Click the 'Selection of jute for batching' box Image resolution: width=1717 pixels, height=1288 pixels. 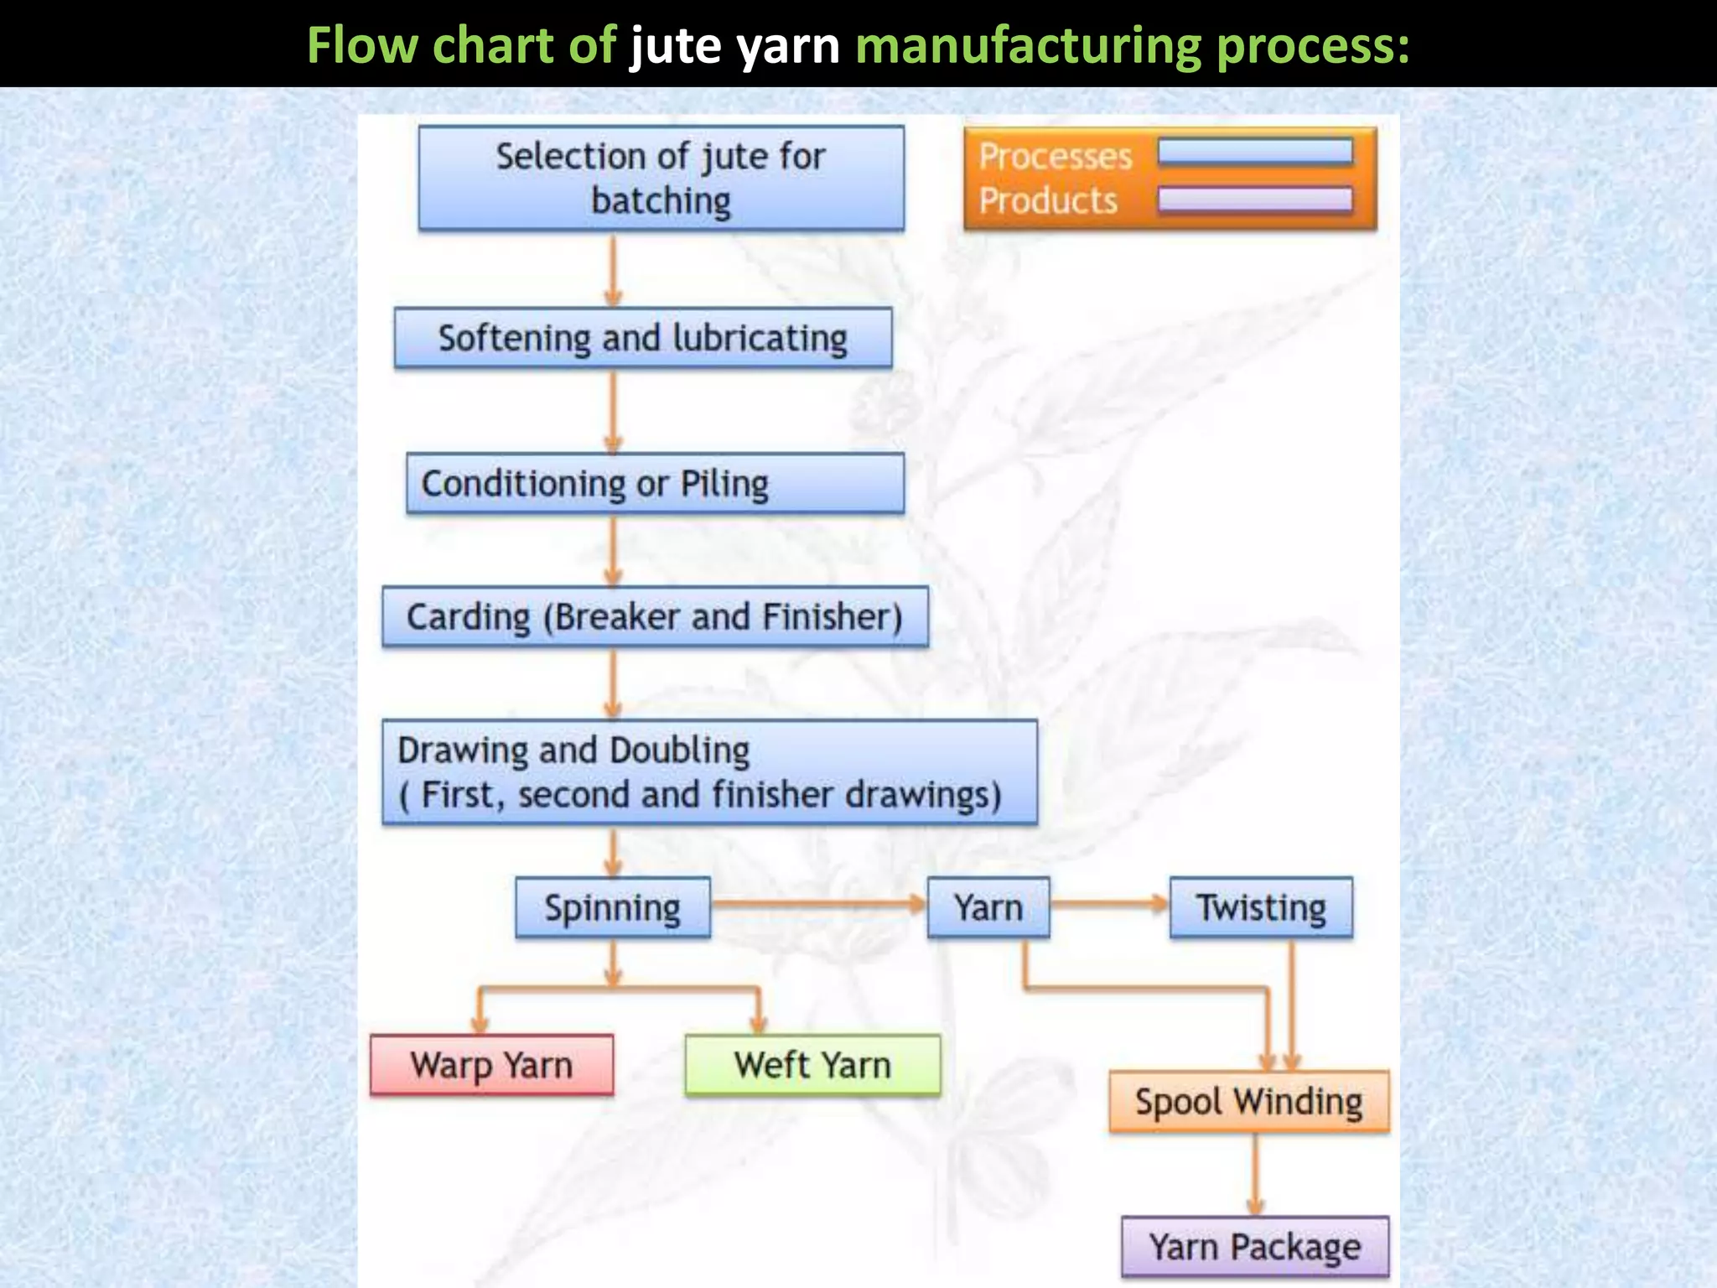click(661, 178)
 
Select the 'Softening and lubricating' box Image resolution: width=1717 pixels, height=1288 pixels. click(643, 338)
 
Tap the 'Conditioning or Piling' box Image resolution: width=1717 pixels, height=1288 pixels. click(655, 484)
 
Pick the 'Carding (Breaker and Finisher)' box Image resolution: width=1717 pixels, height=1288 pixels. click(655, 617)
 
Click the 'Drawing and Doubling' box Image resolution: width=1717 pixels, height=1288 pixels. click(709, 772)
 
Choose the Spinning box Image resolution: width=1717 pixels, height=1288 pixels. click(613, 907)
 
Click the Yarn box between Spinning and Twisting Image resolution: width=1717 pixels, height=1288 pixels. click(988, 907)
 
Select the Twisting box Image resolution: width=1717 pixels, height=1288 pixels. click(1261, 907)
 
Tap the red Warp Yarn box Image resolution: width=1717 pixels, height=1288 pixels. click(491, 1065)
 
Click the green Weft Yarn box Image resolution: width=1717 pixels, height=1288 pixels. click(812, 1065)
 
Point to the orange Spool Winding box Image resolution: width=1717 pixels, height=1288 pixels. click(1248, 1102)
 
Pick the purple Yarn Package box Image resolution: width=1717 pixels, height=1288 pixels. click(1254, 1247)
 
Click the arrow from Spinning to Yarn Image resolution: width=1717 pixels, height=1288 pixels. click(817, 904)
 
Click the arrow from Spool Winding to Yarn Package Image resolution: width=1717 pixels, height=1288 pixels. click(1255, 1174)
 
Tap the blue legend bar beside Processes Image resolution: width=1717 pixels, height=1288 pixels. click(1255, 153)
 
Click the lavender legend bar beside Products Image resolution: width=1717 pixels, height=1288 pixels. click(1255, 200)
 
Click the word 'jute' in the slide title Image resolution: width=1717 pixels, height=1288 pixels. click(675, 45)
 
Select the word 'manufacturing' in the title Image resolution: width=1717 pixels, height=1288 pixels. click(1028, 45)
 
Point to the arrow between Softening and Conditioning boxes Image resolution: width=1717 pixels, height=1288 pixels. click(613, 411)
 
